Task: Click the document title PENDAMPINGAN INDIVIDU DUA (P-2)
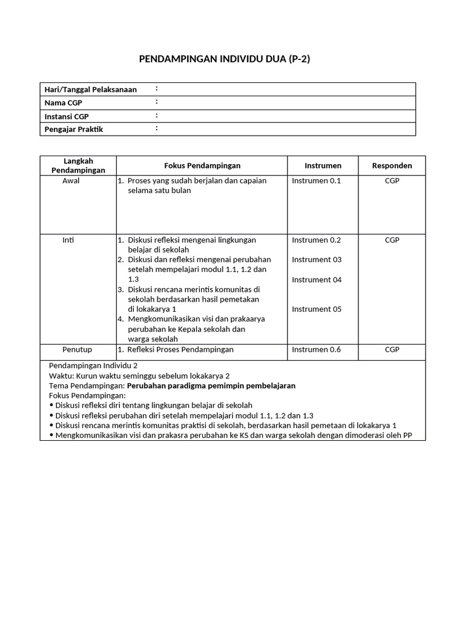point(225,59)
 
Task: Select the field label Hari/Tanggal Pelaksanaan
point(91,90)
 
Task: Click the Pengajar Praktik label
point(74,130)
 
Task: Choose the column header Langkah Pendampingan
point(78,165)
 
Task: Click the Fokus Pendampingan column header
point(202,165)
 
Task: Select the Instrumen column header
point(323,165)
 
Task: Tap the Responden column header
point(392,165)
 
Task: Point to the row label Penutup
point(77,349)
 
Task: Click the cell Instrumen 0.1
point(317,180)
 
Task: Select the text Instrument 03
point(317,260)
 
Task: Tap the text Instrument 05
point(317,309)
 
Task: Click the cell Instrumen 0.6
point(317,349)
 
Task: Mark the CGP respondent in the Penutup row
point(392,349)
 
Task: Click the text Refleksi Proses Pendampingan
point(180,349)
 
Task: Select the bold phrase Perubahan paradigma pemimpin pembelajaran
point(211,386)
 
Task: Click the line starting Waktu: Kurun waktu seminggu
point(139,376)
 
